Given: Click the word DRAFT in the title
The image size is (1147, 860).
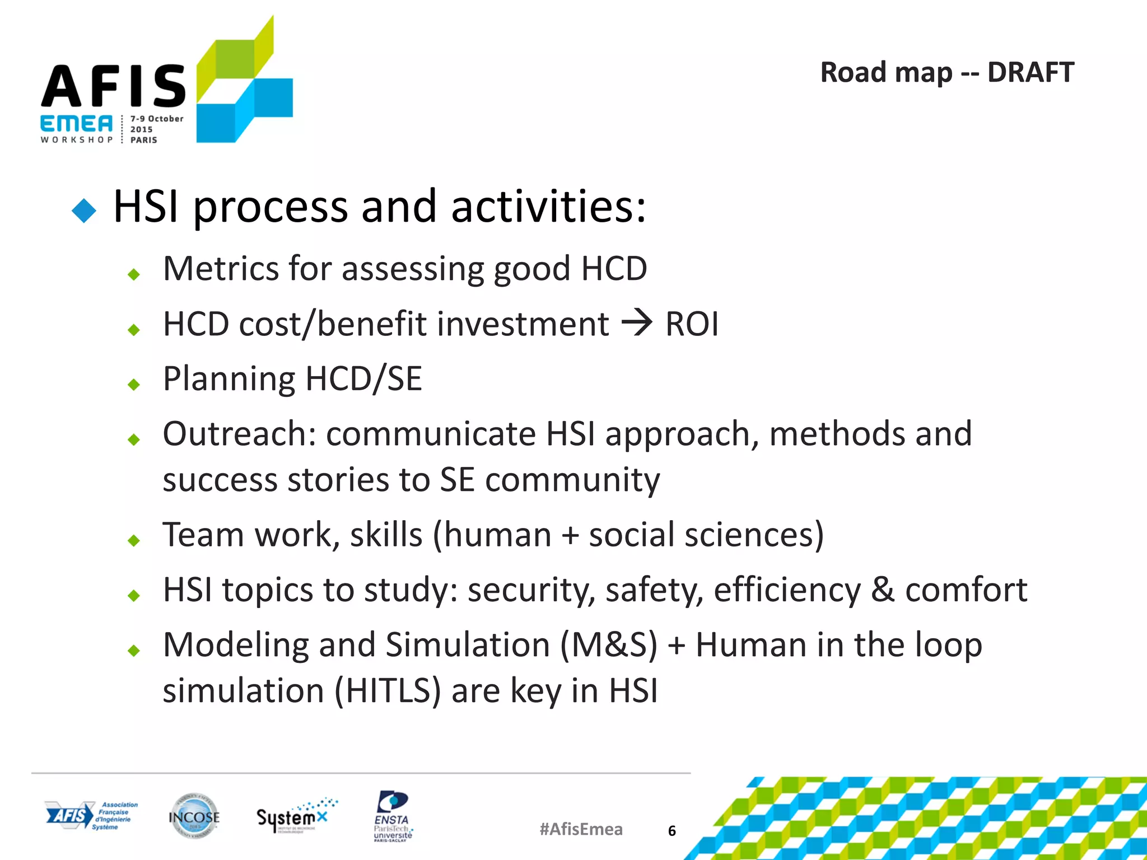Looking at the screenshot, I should tap(1030, 73).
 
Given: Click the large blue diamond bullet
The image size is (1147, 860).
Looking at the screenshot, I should tap(85, 211).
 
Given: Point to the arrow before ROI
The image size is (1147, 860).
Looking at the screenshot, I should tap(637, 323).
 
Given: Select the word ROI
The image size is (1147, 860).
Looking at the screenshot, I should tap(692, 324).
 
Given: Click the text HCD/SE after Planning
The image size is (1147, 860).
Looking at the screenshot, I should tap(363, 379).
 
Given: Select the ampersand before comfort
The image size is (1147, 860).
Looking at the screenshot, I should tap(883, 590).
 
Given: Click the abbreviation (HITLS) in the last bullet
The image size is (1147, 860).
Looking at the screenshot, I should tap(389, 690).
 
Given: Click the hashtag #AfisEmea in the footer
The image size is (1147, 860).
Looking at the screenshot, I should tap(581, 829).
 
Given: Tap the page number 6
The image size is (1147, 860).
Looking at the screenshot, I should tap(672, 831).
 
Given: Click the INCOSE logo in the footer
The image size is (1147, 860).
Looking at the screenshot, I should tap(194, 817).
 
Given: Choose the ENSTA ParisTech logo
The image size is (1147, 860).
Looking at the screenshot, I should tap(393, 816).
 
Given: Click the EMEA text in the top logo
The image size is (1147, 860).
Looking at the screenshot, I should tap(77, 124).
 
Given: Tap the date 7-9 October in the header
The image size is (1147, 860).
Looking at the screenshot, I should tap(157, 119).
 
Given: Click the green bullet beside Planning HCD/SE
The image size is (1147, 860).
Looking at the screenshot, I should tap(134, 385).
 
